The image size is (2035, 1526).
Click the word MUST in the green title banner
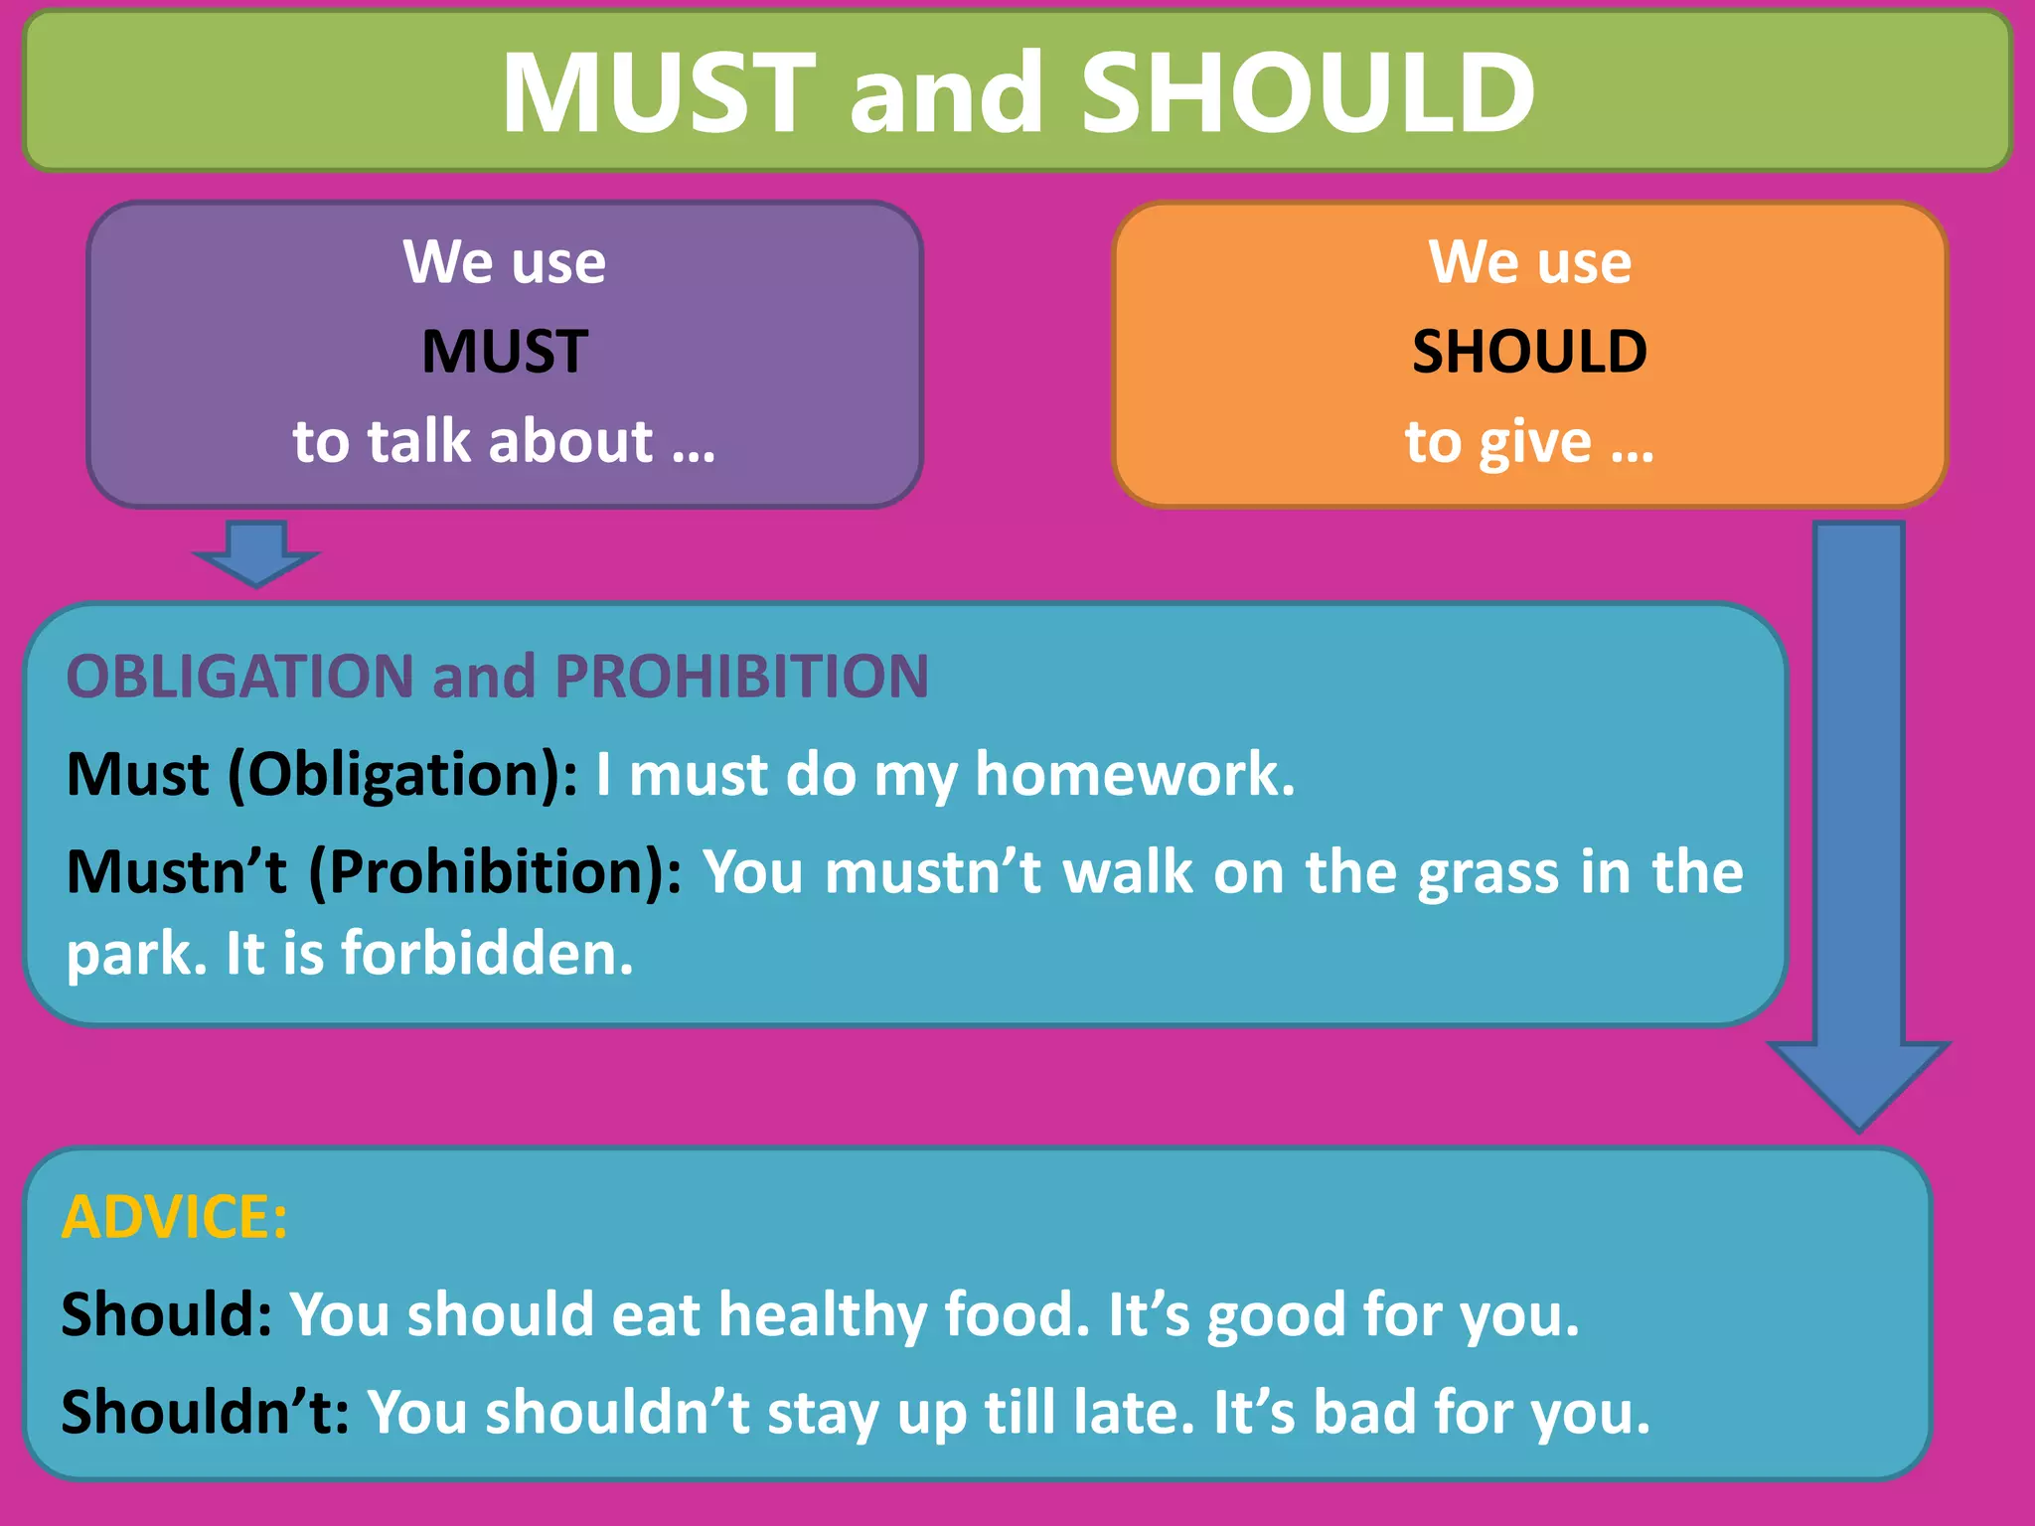658,92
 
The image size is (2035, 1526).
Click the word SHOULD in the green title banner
1308,92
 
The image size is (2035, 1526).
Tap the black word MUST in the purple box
505,351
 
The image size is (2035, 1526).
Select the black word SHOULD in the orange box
1529,351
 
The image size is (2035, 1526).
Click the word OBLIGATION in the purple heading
239,677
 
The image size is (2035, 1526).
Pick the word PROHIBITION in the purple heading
741,677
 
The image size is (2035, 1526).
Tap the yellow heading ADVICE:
175,1217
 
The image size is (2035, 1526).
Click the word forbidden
487,954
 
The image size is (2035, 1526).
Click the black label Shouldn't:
205,1412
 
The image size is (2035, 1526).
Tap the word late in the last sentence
1134,1412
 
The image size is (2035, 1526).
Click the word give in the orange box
1534,442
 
